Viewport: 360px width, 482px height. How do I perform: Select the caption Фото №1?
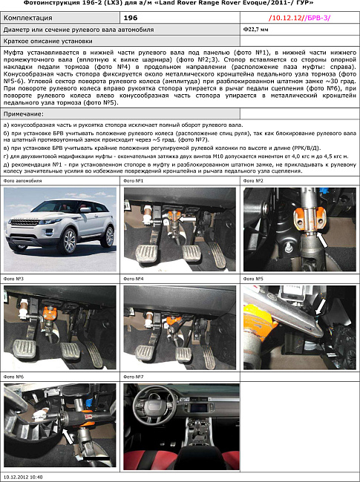pos(134,181)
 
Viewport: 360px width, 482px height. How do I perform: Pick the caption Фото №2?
pos(255,181)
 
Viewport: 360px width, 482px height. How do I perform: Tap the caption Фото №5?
pos(255,280)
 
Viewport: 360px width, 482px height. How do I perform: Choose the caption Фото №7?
pos(134,377)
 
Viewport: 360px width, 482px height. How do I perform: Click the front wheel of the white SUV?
pos(69,242)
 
